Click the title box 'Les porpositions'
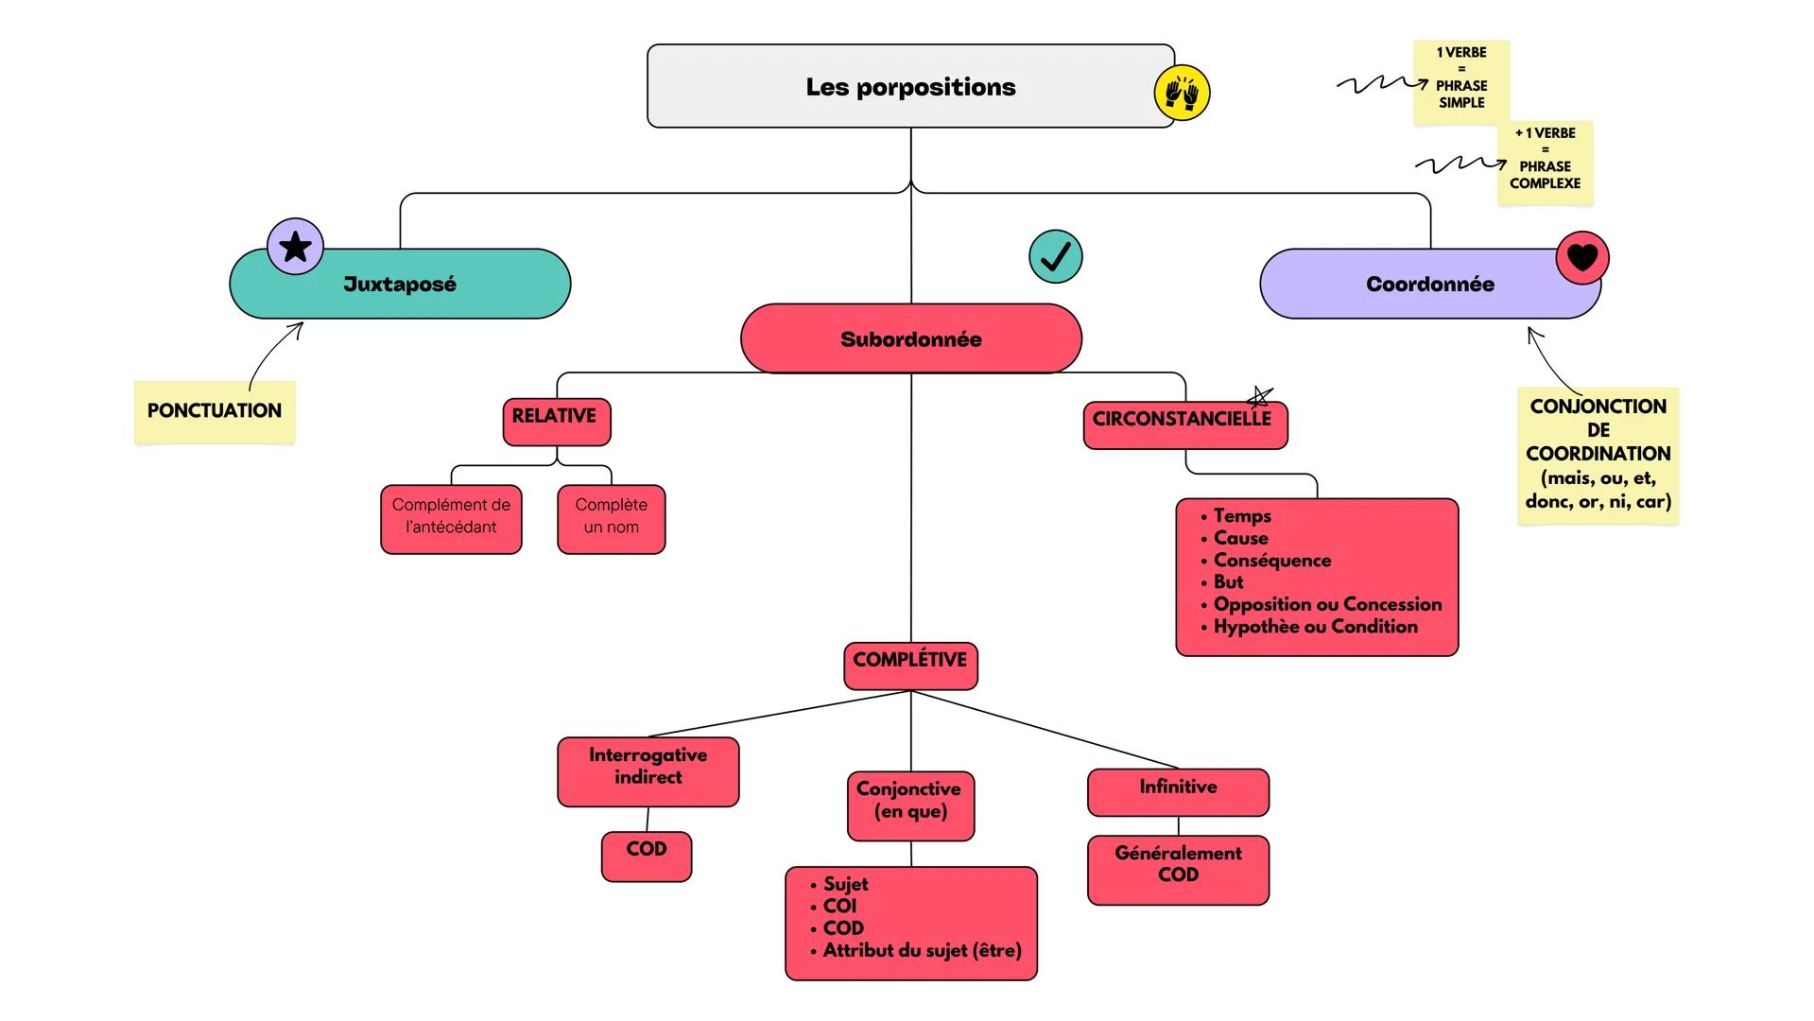pyautogui.click(x=909, y=86)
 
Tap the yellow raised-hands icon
pyautogui.click(x=1182, y=93)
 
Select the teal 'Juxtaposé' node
pyautogui.click(x=400, y=285)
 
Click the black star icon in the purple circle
pyautogui.click(x=296, y=247)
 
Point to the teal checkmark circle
pyautogui.click(x=1055, y=256)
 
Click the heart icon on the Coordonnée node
pyautogui.click(x=1581, y=257)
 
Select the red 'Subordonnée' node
pyautogui.click(x=910, y=339)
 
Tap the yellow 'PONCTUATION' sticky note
pyautogui.click(x=215, y=411)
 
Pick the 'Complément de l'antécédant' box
pyautogui.click(x=451, y=518)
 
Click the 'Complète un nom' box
pyautogui.click(x=611, y=518)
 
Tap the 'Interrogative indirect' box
pyautogui.click(x=648, y=770)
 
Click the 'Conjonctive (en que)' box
pyautogui.click(x=909, y=804)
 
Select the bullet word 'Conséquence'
pyautogui.click(x=1271, y=561)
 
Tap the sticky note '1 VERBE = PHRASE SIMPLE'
pyautogui.click(x=1460, y=80)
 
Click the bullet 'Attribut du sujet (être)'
pyautogui.click(x=922, y=951)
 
